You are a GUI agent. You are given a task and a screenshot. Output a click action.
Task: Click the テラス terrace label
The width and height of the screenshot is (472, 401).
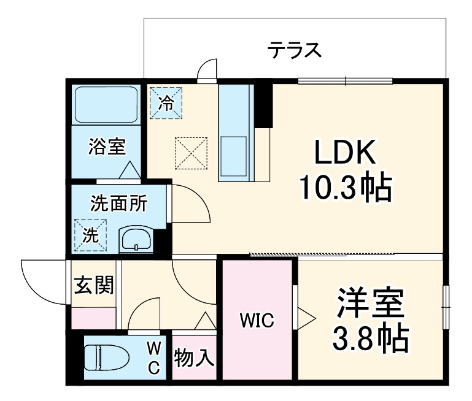(295, 50)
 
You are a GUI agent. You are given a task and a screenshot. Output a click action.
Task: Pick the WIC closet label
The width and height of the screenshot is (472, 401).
(257, 319)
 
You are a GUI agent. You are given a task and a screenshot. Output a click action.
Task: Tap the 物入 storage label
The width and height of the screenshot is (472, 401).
(194, 357)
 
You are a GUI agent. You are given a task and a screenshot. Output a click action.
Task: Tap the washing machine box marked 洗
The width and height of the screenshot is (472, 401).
(90, 235)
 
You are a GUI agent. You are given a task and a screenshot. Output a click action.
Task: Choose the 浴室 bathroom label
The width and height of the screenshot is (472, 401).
(107, 147)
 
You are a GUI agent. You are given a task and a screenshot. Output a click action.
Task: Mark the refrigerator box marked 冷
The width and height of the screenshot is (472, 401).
(165, 102)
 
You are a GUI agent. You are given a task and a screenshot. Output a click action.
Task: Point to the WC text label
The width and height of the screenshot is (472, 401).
(154, 357)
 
